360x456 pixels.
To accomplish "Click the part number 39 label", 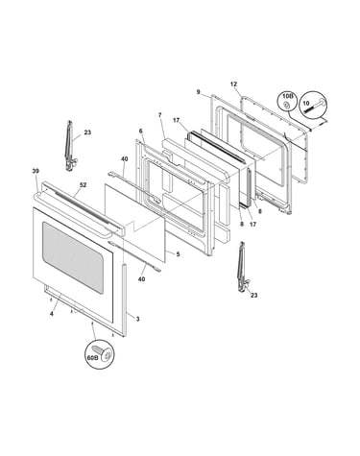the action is pos(36,171).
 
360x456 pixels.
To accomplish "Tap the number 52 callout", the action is pos(83,185).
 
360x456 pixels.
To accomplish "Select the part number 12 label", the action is pos(233,84).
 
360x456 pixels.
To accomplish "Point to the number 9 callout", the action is pos(199,92).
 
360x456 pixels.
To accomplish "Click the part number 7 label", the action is pos(160,115).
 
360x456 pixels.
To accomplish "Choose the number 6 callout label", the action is pos(140,131).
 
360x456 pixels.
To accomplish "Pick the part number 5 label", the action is pos(178,254).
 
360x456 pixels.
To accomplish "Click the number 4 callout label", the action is pos(52,314).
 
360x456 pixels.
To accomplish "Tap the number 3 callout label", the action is pos(137,319).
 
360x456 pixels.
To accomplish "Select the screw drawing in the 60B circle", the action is pos(101,352).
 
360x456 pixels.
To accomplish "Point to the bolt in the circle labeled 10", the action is pos(317,105).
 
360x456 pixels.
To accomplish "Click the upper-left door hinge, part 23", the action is pos(69,146).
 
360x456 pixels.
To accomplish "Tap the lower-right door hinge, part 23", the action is pos(242,266).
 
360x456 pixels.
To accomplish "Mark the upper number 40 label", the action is pos(125,159).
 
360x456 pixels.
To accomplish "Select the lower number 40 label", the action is pos(141,279).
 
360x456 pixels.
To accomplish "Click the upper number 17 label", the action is pos(176,121).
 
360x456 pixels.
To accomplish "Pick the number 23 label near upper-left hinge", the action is pos(87,132).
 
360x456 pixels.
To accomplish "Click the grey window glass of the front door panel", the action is pos(74,257).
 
